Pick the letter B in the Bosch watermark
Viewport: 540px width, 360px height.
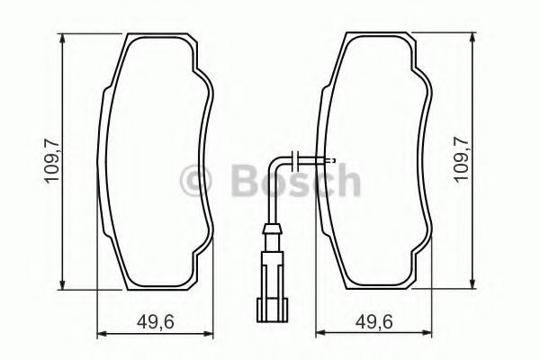point(230,183)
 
